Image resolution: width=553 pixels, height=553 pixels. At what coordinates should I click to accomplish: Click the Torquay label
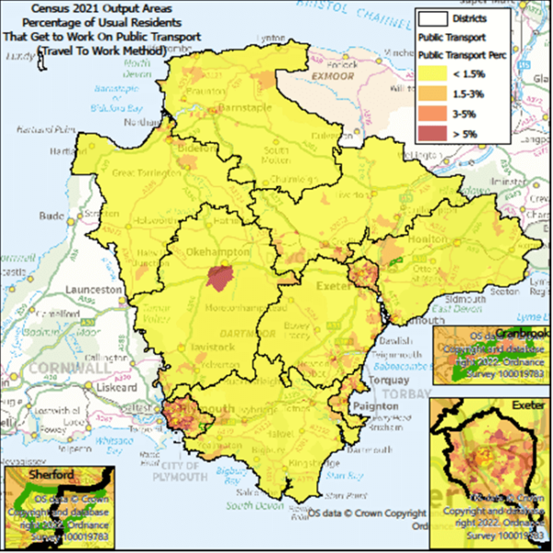pos(382,380)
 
